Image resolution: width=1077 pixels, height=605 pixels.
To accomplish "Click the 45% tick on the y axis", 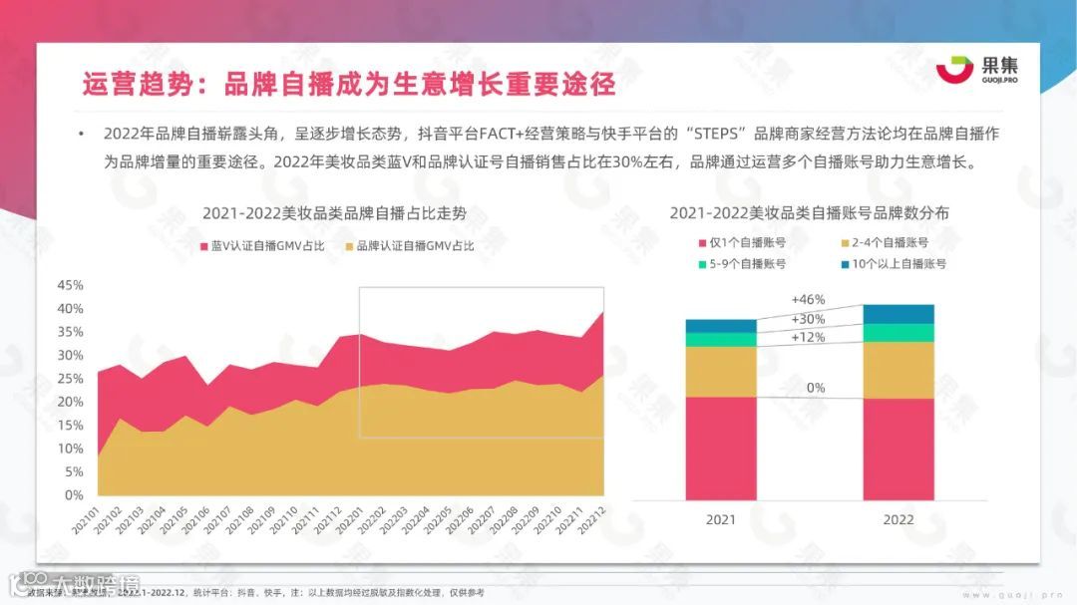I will coord(71,285).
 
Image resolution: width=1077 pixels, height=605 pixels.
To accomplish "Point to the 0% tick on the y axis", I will coord(75,494).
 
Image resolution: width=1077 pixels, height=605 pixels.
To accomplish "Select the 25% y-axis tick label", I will coord(71,378).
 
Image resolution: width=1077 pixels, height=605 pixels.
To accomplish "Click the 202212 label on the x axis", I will coord(599,517).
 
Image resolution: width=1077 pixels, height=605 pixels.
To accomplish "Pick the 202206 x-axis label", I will coord(462,517).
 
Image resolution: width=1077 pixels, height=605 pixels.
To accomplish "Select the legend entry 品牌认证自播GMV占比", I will coord(408,245).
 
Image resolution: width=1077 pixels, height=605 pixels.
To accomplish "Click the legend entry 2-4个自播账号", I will coord(884,242).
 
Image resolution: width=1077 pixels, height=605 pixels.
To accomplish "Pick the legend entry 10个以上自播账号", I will coord(893,264).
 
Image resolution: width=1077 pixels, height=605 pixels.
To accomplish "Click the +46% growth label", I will coord(808,299).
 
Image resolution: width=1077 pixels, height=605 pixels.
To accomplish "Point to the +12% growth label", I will coord(808,337).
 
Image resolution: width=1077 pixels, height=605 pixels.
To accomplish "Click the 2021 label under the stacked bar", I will coord(721,519).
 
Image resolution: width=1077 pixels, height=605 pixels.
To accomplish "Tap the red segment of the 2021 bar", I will coord(721,448).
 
